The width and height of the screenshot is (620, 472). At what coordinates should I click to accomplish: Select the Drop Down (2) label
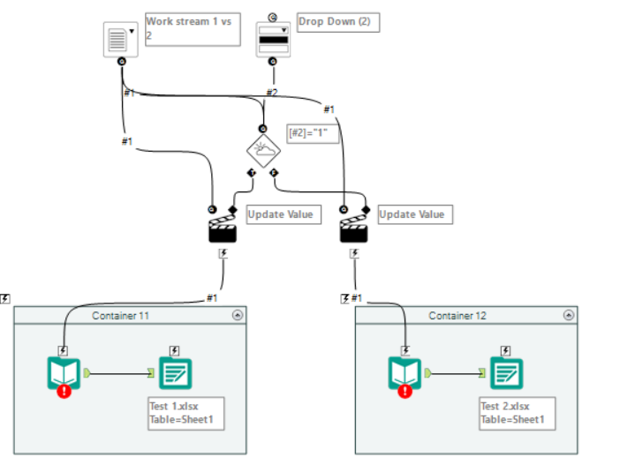tap(337, 22)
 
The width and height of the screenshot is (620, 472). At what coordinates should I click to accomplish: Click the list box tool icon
tap(119, 37)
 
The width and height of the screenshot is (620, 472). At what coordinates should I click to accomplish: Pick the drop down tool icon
tap(273, 39)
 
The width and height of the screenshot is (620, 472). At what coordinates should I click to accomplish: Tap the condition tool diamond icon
tap(263, 149)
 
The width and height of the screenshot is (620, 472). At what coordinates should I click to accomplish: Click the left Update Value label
tap(279, 214)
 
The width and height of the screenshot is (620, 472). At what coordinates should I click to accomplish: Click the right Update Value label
tap(411, 214)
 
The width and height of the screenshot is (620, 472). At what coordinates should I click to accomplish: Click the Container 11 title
tap(119, 316)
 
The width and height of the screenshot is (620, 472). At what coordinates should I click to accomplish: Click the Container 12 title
tap(457, 316)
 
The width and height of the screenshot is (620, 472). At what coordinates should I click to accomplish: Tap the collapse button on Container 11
tap(237, 315)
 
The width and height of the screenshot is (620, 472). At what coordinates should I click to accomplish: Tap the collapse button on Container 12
tap(569, 315)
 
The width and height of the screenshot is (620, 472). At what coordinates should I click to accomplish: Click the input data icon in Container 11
tap(64, 373)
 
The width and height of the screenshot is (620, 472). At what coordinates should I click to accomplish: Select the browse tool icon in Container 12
tap(507, 373)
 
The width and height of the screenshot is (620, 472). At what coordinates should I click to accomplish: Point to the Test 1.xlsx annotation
tap(185, 413)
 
